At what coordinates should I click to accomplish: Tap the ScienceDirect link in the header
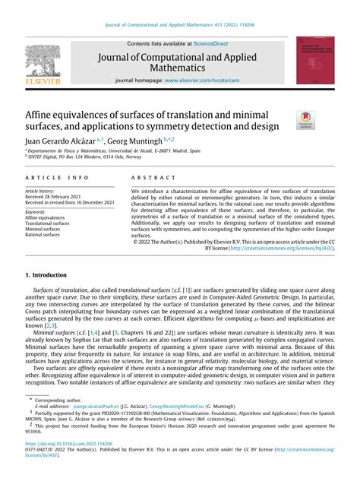click(216, 44)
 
